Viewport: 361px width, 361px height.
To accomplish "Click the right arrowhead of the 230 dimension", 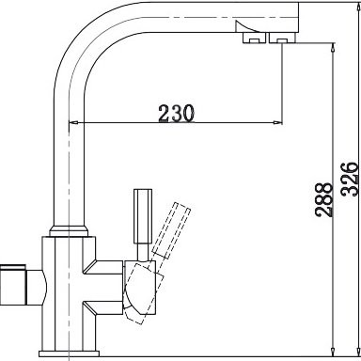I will point(278,123).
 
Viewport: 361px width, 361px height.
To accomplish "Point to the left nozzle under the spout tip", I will point(255,40).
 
